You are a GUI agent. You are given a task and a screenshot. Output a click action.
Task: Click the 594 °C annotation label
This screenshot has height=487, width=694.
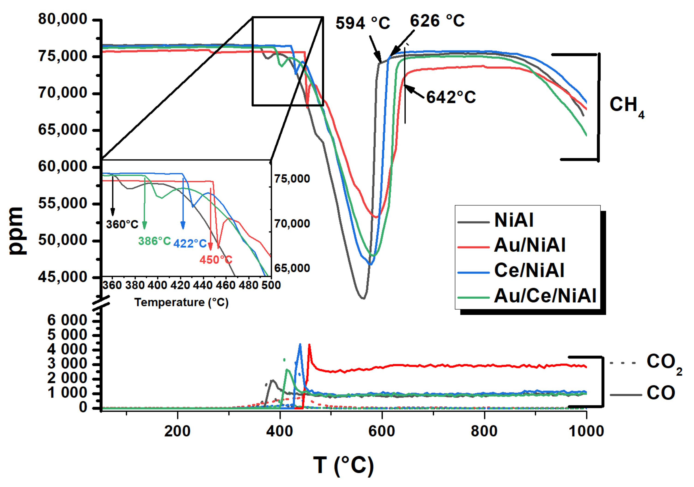363,23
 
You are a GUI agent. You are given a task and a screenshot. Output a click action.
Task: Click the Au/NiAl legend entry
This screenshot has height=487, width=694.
529,245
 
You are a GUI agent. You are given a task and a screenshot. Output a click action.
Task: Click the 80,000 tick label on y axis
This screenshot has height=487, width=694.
63,19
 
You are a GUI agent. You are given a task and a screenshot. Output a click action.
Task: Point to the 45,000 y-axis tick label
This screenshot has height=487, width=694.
63,277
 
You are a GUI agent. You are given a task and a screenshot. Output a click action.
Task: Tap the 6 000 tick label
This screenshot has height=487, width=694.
67,320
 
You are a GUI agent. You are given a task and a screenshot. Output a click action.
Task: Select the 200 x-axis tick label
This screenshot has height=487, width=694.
177,431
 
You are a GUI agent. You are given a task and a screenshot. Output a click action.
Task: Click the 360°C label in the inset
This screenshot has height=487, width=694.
122,224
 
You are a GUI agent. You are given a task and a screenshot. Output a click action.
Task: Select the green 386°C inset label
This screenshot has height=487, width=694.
154,241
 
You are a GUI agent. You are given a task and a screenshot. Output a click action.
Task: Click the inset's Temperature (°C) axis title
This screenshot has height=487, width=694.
181,302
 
